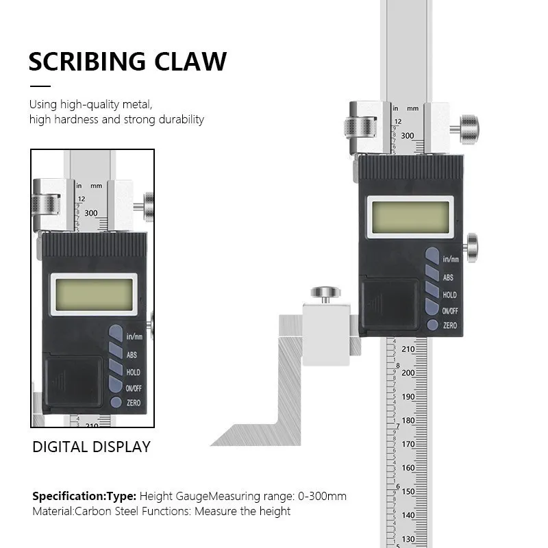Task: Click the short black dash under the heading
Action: (40, 86)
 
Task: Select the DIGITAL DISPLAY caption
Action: (91, 447)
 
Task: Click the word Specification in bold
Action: (67, 496)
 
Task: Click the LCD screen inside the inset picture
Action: (92, 293)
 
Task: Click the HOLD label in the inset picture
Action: (133, 373)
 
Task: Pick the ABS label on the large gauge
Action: (448, 277)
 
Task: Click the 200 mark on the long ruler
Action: (408, 373)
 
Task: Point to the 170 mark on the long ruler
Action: (408, 445)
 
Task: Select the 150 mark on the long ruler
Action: (408, 492)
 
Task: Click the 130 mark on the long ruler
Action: (408, 538)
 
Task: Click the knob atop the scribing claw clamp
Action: (324, 293)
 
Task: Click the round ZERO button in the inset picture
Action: (114, 403)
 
